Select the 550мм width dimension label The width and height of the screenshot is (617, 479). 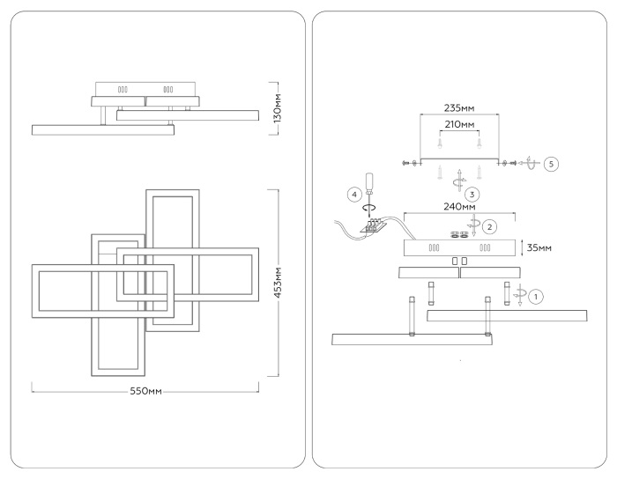pyautogui.click(x=145, y=388)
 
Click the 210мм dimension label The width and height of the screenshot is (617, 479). pyautogui.click(x=458, y=126)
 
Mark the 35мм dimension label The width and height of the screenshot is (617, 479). pyautogui.click(x=539, y=247)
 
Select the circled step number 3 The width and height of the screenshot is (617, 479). pyautogui.click(x=473, y=193)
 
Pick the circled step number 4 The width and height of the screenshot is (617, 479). pyautogui.click(x=353, y=193)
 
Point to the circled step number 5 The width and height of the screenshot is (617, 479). pyautogui.click(x=551, y=164)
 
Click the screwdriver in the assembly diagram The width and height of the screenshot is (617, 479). pyautogui.click(x=369, y=186)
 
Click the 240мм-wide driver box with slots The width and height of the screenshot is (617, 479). pyautogui.click(x=458, y=248)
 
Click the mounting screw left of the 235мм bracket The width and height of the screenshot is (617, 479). pyautogui.click(x=407, y=163)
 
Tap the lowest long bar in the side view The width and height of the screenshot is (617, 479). pyautogui.click(x=101, y=129)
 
